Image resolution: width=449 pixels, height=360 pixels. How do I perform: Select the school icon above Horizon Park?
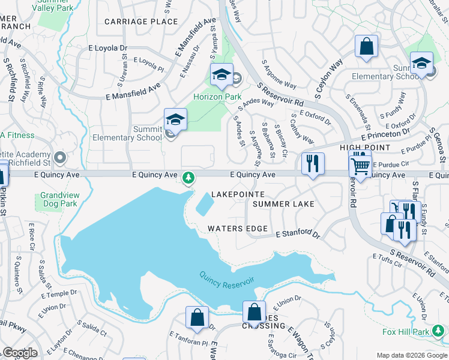221,75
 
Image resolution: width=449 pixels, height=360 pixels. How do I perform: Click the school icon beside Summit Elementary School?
175,119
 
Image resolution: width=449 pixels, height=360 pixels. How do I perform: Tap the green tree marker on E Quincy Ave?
188,177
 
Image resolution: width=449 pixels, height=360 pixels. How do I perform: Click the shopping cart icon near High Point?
360,164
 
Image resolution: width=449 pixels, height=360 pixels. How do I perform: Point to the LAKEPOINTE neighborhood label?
238,196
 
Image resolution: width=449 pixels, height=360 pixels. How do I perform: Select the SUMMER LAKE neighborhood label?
283,205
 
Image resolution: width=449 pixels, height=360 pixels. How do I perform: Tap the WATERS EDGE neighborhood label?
237,229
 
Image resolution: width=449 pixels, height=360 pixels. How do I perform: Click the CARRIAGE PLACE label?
141,22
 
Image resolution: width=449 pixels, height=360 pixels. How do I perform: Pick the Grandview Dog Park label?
59,200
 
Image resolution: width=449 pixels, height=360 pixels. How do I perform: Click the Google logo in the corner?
19,353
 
